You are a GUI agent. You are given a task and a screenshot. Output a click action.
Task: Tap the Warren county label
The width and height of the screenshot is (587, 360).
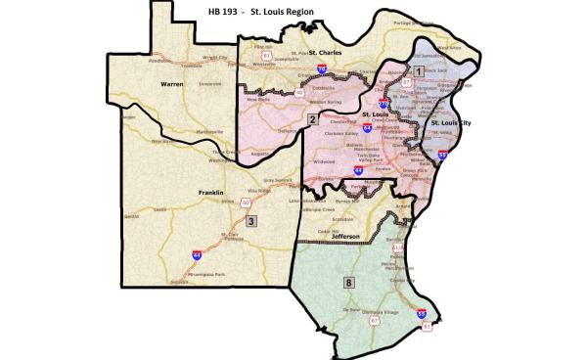click(173, 85)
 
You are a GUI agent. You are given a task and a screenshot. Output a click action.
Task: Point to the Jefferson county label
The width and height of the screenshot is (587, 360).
click(345, 236)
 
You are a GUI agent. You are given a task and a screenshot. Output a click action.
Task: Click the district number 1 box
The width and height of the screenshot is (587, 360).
click(419, 71)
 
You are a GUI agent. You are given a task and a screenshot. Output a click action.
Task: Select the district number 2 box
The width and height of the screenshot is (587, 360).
click(312, 119)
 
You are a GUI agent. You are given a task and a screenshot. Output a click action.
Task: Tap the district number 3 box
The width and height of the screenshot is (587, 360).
click(250, 221)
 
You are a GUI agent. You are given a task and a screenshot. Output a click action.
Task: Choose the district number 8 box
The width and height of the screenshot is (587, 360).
click(348, 283)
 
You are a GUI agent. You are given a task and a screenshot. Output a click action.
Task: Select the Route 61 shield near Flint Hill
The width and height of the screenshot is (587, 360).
click(265, 56)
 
